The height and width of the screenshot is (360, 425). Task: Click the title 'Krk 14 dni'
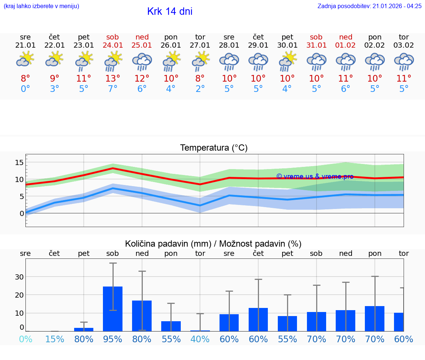(170, 11)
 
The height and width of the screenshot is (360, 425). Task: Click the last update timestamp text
(369, 6)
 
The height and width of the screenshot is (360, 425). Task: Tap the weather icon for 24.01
(113, 61)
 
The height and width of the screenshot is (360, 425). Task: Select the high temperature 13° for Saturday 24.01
(113, 78)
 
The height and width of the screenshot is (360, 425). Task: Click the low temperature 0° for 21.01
(25, 89)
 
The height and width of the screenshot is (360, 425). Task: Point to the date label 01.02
(345, 45)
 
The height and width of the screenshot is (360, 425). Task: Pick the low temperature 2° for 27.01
(200, 89)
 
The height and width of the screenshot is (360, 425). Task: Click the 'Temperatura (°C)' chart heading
(214, 148)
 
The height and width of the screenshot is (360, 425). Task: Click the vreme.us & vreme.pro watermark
(315, 176)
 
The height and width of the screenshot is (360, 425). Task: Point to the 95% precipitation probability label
(113, 339)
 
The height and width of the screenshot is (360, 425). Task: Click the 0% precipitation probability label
(25, 339)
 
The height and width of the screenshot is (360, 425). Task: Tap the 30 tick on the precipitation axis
(19, 277)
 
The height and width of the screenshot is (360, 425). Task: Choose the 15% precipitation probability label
(55, 339)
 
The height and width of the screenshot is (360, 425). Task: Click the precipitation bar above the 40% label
(200, 330)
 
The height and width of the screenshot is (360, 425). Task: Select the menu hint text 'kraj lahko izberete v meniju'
(41, 6)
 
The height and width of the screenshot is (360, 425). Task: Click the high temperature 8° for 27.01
(200, 78)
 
